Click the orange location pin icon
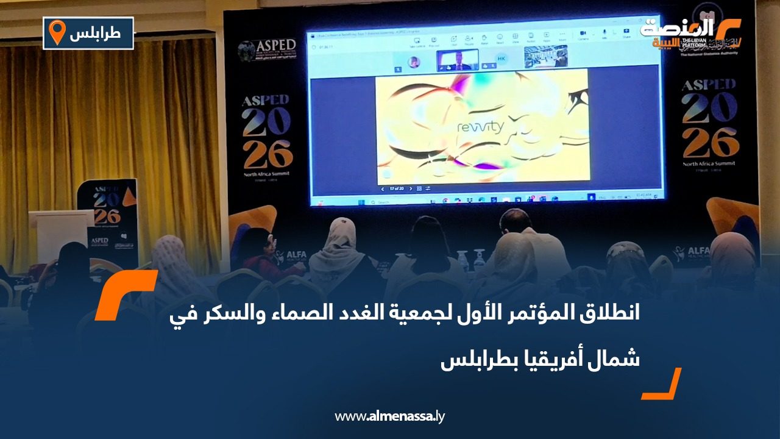[57, 32]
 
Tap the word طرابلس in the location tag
[95, 34]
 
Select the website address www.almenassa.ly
[390, 416]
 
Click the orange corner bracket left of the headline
[126, 295]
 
